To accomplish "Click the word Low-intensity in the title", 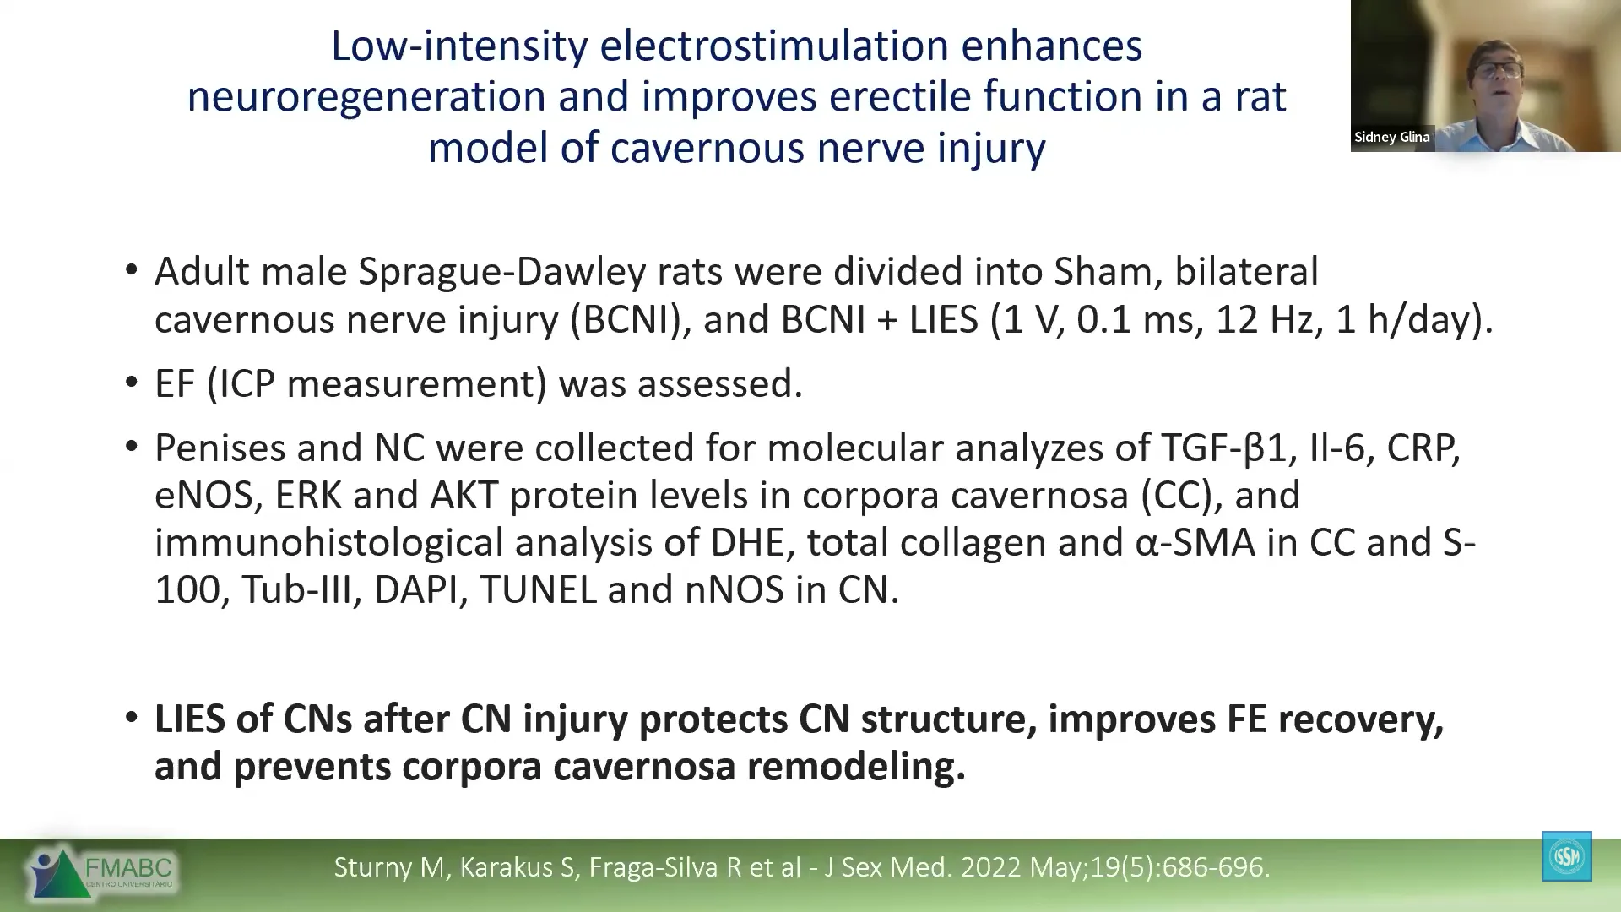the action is (459, 46).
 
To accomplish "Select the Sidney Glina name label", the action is (1392, 137).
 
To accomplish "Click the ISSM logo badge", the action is (1566, 856).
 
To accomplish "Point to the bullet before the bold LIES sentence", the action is (131, 719).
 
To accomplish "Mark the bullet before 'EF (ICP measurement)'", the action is (131, 383).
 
